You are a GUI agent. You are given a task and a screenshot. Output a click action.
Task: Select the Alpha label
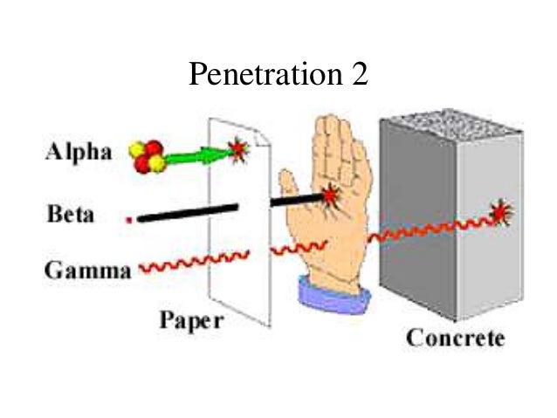pyautogui.click(x=79, y=152)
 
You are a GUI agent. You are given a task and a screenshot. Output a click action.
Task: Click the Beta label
pyautogui.click(x=71, y=213)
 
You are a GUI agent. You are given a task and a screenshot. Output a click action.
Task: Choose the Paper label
pyautogui.click(x=190, y=321)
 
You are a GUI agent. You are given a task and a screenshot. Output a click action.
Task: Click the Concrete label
pyautogui.click(x=455, y=338)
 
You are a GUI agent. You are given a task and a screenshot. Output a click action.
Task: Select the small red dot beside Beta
pyautogui.click(x=129, y=219)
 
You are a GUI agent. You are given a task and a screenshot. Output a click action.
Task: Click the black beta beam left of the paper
pyautogui.click(x=187, y=212)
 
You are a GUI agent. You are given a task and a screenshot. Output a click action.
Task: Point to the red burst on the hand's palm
pyautogui.click(x=331, y=195)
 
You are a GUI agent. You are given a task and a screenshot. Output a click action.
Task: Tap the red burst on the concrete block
pyautogui.click(x=500, y=212)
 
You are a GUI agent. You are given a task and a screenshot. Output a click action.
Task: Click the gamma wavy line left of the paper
pyautogui.click(x=192, y=263)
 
